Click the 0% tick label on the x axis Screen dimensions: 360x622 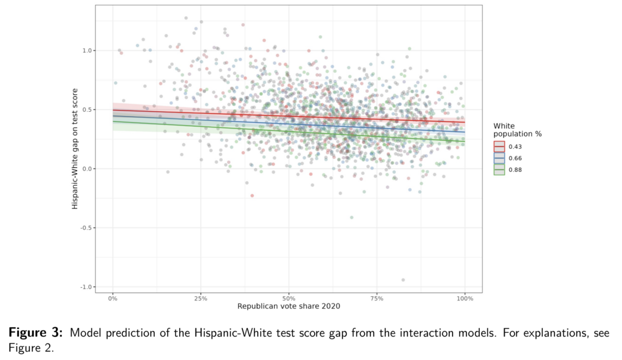tap(113, 299)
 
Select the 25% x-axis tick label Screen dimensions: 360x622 tap(201, 299)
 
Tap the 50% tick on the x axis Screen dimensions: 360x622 tap(289, 299)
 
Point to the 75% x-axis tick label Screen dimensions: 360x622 tap(377, 299)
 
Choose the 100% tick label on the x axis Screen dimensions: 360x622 tap(465, 299)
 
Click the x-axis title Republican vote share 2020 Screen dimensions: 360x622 tap(289, 307)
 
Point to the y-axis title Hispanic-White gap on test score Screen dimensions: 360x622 tap(75, 148)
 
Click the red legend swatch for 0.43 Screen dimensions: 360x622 tap(499, 147)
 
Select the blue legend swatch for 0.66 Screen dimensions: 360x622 tap(499, 158)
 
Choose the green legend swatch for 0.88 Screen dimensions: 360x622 tap(499, 170)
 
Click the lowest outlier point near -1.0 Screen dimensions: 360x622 tap(403, 280)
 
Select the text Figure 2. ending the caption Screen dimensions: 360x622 tap(31, 348)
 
